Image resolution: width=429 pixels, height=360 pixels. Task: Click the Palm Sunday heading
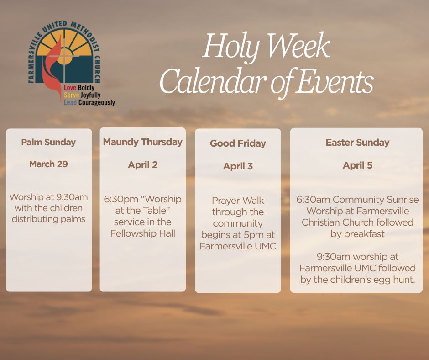pyautogui.click(x=48, y=142)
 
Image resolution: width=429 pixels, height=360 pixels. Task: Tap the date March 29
pyautogui.click(x=48, y=164)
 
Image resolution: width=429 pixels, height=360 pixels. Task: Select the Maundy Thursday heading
pyautogui.click(x=142, y=142)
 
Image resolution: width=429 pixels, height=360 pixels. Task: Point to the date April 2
pyautogui.click(x=142, y=165)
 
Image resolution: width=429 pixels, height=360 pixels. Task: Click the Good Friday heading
pyautogui.click(x=238, y=143)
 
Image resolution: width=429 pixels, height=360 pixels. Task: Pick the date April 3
pyautogui.click(x=238, y=166)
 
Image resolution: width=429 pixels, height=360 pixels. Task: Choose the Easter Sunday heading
pyautogui.click(x=357, y=143)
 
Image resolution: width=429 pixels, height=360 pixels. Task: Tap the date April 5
pyautogui.click(x=357, y=165)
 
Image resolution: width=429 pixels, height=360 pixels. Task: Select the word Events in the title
pyautogui.click(x=335, y=81)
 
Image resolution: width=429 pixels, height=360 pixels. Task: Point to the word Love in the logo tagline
pyautogui.click(x=70, y=88)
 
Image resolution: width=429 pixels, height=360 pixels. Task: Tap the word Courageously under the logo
pyautogui.click(x=97, y=103)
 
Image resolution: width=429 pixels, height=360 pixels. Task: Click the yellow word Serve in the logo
pyautogui.click(x=71, y=95)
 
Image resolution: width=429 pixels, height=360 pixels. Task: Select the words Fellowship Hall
pyautogui.click(x=142, y=233)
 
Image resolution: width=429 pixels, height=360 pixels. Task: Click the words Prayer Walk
pyautogui.click(x=238, y=201)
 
